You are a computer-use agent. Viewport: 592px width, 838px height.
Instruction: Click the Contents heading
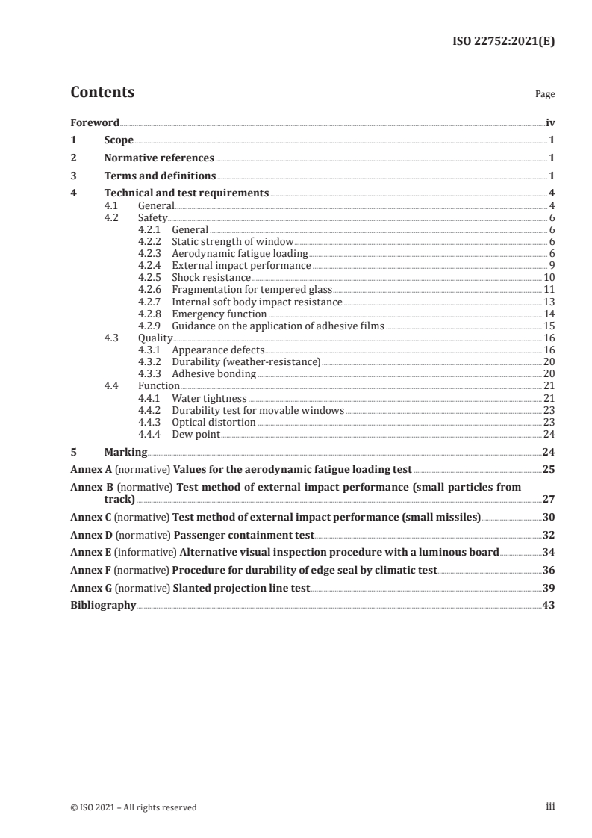coord(102,93)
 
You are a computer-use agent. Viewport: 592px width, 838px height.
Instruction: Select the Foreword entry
coord(95,122)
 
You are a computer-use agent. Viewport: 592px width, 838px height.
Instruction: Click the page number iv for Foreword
coord(550,122)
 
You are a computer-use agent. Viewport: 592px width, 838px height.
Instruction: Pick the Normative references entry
coord(159,158)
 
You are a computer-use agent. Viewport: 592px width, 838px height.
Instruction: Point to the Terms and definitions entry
coord(160,176)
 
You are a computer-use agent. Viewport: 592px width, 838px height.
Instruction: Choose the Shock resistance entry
coord(211,277)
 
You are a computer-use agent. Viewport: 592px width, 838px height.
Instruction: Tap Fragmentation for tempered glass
coord(252,289)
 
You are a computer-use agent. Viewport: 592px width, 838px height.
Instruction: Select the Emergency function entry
coord(219,314)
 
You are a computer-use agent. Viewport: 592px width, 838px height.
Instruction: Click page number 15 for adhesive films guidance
coord(549,326)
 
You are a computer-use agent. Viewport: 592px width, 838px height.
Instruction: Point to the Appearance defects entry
coord(218,350)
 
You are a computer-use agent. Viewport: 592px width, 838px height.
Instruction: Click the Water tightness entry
coord(209,398)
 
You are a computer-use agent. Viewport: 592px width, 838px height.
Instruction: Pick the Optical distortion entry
coord(214,422)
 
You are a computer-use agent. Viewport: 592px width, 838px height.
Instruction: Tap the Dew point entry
coord(196,434)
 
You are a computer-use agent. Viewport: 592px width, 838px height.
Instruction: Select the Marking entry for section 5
coord(125,452)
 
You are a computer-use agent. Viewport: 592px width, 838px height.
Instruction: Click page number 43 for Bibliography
coord(549,606)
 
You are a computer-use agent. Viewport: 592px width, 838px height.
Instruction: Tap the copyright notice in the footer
coord(134,807)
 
